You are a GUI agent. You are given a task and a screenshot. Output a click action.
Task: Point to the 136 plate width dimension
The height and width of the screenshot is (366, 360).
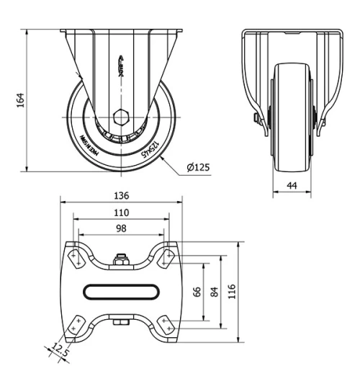[x=121, y=195]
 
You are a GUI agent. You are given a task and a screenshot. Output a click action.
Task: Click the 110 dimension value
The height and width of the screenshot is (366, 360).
[x=121, y=213]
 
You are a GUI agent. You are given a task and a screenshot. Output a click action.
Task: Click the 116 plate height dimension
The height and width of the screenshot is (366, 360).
[x=232, y=291]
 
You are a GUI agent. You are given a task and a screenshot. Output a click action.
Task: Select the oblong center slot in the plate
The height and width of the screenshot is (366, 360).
[x=121, y=291]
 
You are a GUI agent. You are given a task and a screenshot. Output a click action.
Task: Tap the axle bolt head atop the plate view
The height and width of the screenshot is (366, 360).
[x=121, y=260]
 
